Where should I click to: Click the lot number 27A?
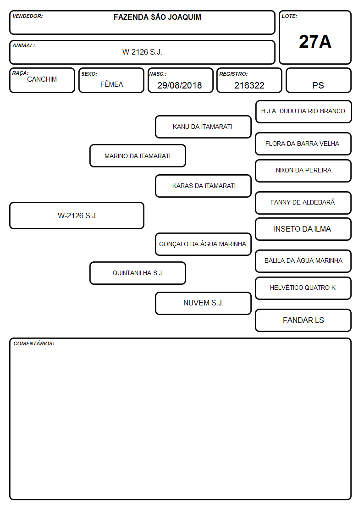coord(315,42)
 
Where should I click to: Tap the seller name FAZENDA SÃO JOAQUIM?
coord(158,17)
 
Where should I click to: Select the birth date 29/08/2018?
coord(180,85)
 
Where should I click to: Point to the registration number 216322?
coord(249,85)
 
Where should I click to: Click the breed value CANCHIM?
coord(42,79)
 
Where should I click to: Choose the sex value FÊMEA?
coord(111,84)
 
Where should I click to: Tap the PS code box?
coord(319,80)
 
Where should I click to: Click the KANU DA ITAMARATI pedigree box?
coord(203,127)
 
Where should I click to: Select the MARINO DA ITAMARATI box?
coord(138,155)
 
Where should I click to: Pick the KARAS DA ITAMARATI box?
coord(203,186)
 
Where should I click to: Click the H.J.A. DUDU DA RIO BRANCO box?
coord(303,112)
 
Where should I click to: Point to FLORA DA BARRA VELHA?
coord(302,144)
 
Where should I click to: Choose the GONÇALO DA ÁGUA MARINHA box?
coord(203,244)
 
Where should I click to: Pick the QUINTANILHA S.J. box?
coord(138,273)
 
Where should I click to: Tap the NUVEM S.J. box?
coord(203,303)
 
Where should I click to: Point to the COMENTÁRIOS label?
coord(34,343)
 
